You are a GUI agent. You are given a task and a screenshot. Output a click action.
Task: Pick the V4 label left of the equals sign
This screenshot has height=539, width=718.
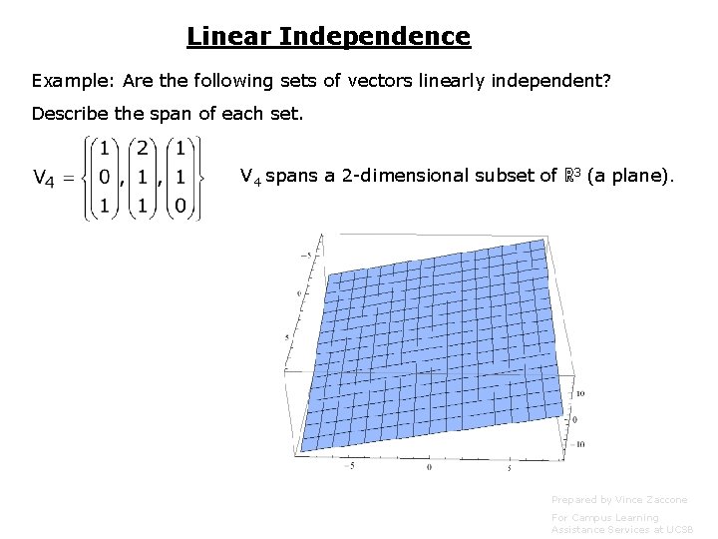[44, 179]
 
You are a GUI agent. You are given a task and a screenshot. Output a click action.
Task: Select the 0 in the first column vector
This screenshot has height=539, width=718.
[103, 180]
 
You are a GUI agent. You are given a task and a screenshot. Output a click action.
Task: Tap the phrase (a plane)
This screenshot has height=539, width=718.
[630, 178]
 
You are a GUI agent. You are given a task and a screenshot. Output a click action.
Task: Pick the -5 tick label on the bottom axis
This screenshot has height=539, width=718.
[349, 464]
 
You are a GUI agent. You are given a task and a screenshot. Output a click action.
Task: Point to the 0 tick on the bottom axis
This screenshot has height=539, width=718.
[430, 466]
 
